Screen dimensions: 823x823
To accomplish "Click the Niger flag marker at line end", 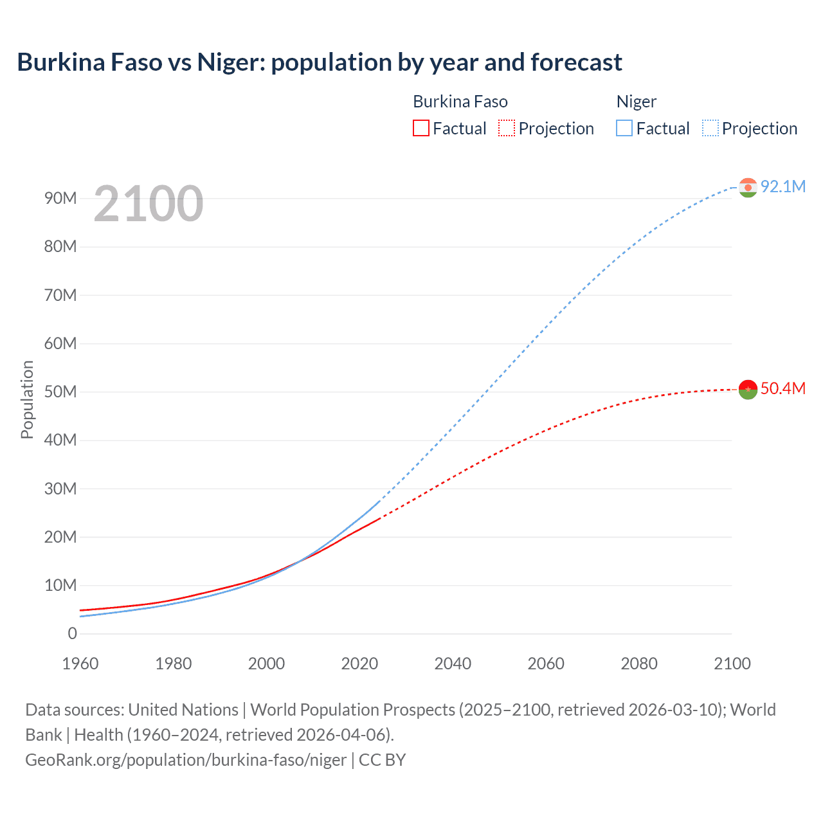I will (x=748, y=188).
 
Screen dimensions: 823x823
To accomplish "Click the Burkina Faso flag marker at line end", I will (x=748, y=390).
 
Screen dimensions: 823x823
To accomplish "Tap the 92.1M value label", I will (x=782, y=186).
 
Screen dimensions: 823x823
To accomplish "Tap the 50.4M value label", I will (x=782, y=388).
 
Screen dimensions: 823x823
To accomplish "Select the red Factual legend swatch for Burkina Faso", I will (x=421, y=129).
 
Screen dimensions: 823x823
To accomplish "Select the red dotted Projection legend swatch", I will (x=507, y=129).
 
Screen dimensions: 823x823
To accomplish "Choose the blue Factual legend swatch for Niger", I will (x=624, y=129).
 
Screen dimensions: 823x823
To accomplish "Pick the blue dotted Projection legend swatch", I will (x=710, y=129).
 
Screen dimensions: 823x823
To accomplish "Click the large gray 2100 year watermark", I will (x=149, y=204).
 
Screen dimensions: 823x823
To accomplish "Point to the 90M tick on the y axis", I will (x=60, y=198).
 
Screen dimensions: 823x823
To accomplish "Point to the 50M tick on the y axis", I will (x=60, y=392).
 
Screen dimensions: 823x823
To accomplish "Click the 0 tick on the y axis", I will (x=73, y=633).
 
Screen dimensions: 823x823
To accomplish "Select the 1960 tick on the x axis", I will (x=80, y=664).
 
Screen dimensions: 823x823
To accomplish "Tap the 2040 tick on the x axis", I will (x=453, y=664).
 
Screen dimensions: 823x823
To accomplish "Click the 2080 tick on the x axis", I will (x=639, y=664).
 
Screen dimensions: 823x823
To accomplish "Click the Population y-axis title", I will (x=27, y=399).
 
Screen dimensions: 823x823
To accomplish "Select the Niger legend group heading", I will (x=637, y=102).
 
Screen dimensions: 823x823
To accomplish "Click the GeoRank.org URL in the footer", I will (x=186, y=759).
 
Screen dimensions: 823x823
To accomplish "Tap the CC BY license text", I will (x=383, y=759).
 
